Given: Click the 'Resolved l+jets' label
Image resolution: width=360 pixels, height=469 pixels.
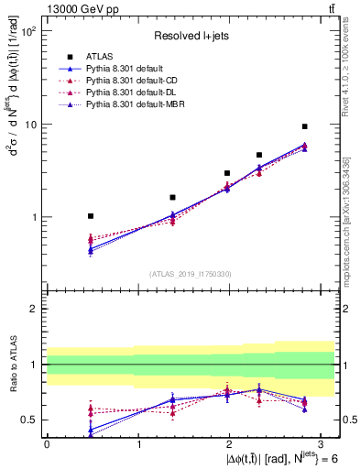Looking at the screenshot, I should [x=191, y=36].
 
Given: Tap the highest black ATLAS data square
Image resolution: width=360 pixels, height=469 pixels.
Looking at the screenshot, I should [x=305, y=126].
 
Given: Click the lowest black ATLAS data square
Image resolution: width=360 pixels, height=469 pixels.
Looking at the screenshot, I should [x=90, y=216].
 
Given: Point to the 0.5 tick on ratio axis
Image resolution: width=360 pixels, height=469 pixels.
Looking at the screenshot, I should [x=30, y=420].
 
